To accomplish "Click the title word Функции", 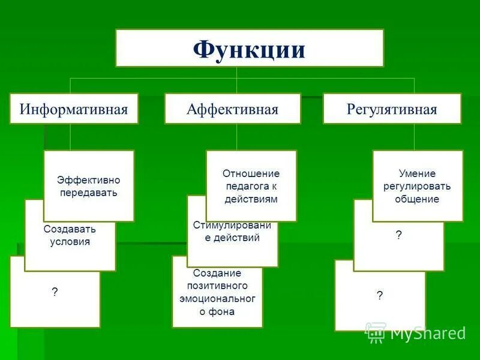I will (249, 49).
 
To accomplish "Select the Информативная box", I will (74, 109).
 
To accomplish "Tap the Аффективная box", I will (232, 109).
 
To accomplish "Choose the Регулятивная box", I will (392, 109).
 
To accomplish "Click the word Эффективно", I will (89, 180).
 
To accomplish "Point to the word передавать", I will (89, 193).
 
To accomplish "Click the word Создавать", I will (70, 229).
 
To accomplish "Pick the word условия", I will (70, 242).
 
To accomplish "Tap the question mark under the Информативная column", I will (55, 292).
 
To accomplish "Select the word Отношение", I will (251, 173).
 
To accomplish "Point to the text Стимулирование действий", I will (232, 232).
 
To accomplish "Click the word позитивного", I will (217, 286).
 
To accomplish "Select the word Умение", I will (417, 173).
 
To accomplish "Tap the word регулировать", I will (417, 187).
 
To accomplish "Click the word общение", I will (417, 199).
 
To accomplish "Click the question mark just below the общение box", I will (398, 235).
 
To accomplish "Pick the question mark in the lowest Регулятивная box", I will (380, 295).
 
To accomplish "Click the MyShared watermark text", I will (427, 333).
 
